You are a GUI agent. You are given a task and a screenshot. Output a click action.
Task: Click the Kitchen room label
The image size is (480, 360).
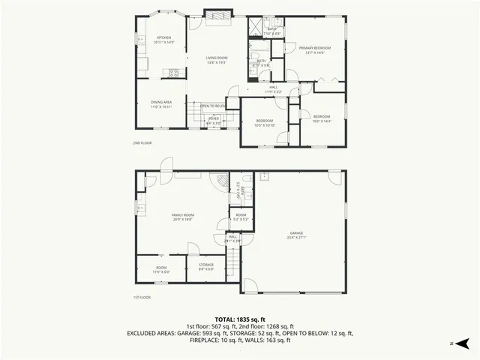(x=164, y=40)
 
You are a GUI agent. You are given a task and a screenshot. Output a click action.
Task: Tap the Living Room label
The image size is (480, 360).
(x=217, y=60)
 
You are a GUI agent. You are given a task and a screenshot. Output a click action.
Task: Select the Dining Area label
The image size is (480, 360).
(x=162, y=104)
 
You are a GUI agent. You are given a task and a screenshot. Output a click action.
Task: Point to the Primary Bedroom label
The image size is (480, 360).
(x=315, y=50)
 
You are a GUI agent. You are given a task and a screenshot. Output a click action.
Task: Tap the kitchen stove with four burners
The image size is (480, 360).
(x=175, y=73)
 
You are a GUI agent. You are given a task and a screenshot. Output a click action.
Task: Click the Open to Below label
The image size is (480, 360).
(x=213, y=106)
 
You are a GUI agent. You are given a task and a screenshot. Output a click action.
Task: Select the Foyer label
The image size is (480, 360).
(x=214, y=120)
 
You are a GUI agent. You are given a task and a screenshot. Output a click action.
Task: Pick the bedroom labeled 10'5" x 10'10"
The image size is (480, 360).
(x=265, y=122)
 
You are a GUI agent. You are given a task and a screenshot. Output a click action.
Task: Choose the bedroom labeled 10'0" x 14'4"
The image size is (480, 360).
(x=321, y=118)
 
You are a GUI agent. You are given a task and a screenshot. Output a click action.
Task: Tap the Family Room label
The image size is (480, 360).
(x=183, y=217)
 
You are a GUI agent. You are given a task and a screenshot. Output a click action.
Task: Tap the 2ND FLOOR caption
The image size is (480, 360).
(x=142, y=142)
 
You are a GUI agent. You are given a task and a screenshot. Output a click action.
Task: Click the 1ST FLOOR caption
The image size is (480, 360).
(x=142, y=297)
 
